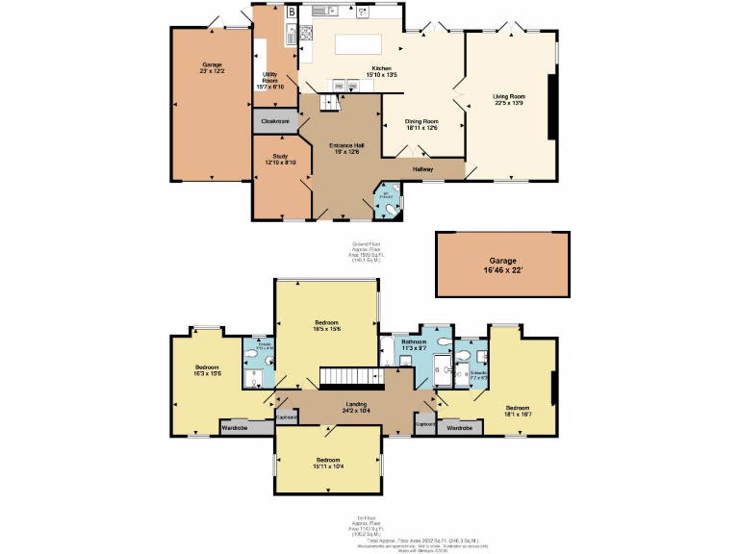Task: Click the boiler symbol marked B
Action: coord(291,13)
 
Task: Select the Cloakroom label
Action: coord(275,121)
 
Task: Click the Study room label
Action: coord(280,159)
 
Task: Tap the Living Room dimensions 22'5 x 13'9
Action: coord(509,102)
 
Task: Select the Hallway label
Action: coord(423,169)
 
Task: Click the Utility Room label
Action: coord(268,81)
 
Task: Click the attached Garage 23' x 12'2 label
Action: coord(211,68)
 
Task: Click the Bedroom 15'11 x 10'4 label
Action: coord(327,464)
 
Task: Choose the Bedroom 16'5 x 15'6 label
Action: coord(326,325)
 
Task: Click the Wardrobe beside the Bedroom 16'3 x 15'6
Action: coord(236,427)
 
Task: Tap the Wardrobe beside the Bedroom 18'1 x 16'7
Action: coord(459,427)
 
